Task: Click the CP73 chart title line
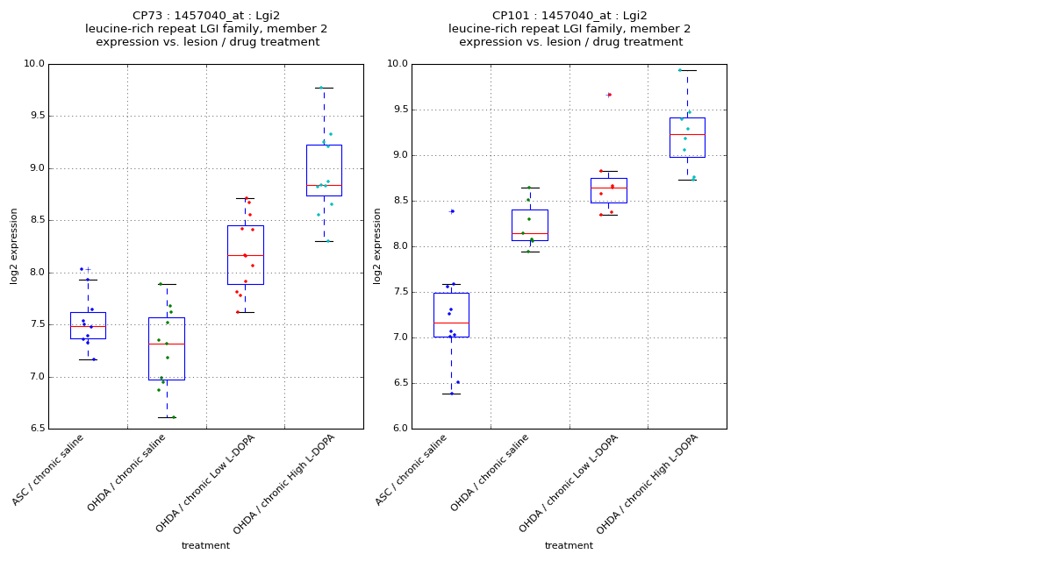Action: pyautogui.click(x=206, y=16)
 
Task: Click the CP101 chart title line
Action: pyautogui.click(x=569, y=16)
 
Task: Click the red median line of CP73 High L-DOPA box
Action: pyautogui.click(x=324, y=185)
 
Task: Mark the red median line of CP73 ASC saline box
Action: pyautogui.click(x=88, y=326)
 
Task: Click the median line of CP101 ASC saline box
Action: pyautogui.click(x=451, y=323)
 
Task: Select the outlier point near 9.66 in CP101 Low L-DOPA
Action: pyautogui.click(x=608, y=95)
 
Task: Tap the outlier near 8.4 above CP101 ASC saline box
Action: pyautogui.click(x=452, y=211)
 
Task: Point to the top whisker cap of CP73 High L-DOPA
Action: pyautogui.click(x=324, y=88)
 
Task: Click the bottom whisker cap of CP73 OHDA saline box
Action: pyautogui.click(x=167, y=417)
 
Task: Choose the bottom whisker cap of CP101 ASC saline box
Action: pyautogui.click(x=451, y=394)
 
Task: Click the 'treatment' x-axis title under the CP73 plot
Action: pyautogui.click(x=205, y=545)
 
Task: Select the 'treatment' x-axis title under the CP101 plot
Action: pyautogui.click(x=569, y=545)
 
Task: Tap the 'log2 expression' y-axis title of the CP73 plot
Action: pyautogui.click(x=15, y=245)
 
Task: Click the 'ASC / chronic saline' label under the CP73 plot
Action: pyautogui.click(x=49, y=470)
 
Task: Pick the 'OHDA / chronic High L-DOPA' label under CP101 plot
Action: pyautogui.click(x=642, y=484)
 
